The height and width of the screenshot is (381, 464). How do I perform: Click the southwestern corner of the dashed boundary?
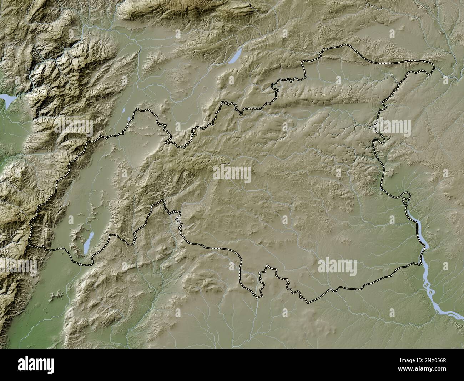[x=30, y=246]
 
